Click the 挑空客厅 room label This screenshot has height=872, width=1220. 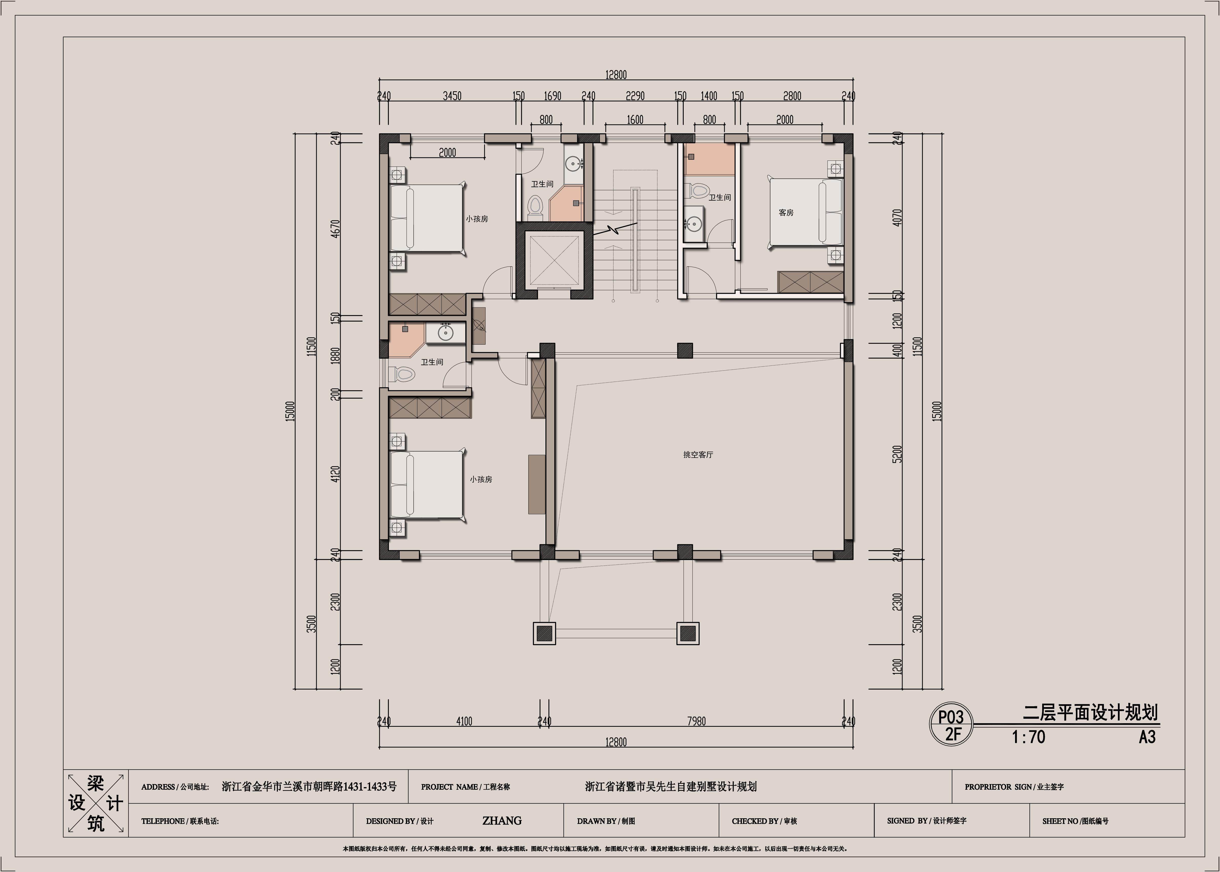pos(698,455)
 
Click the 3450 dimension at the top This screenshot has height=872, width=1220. pos(452,96)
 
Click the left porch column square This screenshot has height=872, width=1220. pos(544,634)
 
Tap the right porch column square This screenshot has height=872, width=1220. pos(688,634)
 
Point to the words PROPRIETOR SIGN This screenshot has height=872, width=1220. pos(998,787)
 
